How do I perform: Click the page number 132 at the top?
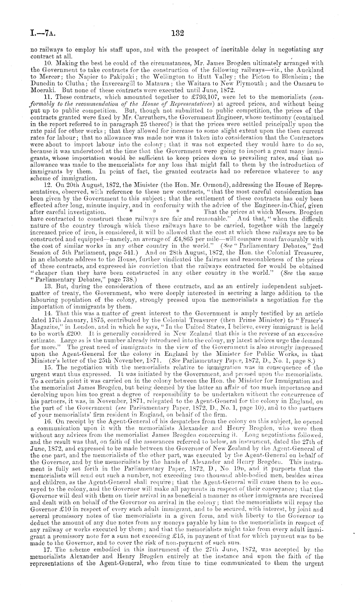tap(178, 33)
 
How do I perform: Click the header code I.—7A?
tap(40, 33)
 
